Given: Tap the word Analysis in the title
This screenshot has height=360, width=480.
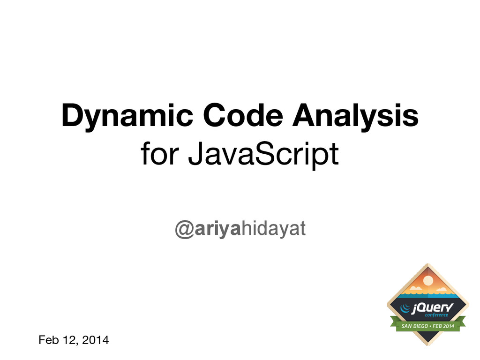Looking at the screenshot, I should (354, 117).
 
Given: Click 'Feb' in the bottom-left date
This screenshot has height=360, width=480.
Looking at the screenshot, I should (48, 340).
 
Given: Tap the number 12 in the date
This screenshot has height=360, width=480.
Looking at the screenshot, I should (71, 340).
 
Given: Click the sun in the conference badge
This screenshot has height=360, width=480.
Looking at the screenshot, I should (427, 280).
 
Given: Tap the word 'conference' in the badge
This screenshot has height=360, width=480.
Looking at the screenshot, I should (436, 315).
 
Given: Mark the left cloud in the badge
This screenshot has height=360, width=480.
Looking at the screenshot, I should (415, 288).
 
